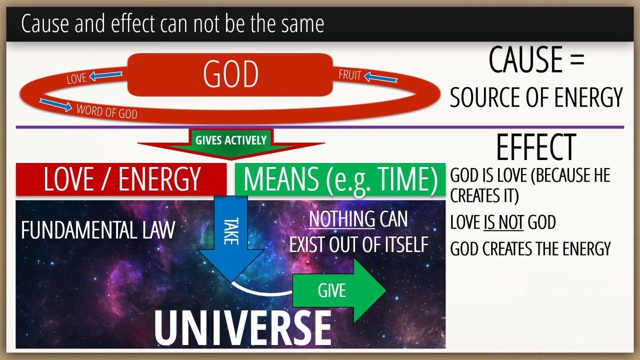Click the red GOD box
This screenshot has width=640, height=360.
click(230, 74)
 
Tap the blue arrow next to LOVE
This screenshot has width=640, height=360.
click(105, 75)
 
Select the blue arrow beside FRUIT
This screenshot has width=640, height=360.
click(381, 77)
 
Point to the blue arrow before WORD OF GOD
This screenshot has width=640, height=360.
click(55, 105)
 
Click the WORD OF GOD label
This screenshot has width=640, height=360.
click(107, 111)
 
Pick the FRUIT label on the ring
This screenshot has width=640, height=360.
click(350, 75)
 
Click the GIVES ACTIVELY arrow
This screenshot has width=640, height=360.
click(231, 143)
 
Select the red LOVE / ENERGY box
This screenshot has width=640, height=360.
click(121, 179)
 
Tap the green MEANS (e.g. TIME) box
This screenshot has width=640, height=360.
click(340, 179)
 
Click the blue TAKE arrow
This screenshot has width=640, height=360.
click(231, 239)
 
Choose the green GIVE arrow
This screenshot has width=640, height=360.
click(339, 291)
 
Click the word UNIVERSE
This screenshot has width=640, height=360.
click(243, 328)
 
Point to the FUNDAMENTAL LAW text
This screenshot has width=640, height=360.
click(98, 230)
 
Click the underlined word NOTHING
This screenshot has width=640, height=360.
click(341, 219)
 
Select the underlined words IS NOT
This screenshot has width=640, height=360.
click(503, 222)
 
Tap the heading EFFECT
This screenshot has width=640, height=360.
click(536, 147)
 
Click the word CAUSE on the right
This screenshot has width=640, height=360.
click(525, 59)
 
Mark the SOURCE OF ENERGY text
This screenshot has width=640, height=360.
click(536, 97)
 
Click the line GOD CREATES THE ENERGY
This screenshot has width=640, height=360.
click(530, 249)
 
